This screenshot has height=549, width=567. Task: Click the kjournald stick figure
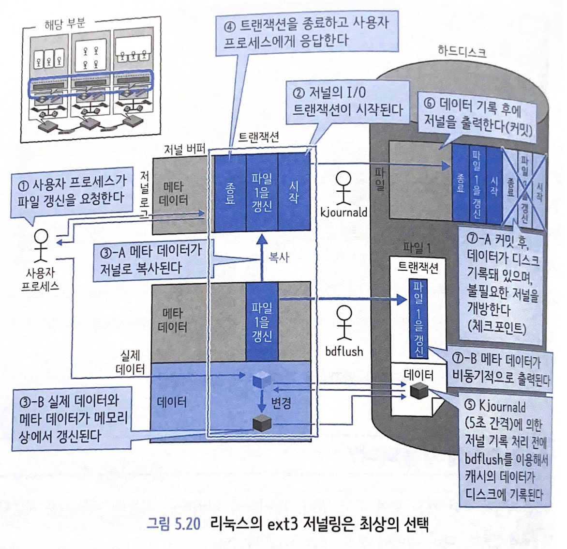tap(343, 188)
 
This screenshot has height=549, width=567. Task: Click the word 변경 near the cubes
tap(281, 403)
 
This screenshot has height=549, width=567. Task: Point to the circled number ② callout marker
tap(298, 92)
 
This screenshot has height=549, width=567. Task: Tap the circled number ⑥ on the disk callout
tap(429, 103)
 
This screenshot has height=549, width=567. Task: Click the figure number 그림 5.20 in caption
tap(173, 524)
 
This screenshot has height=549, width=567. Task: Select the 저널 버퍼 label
tap(184, 149)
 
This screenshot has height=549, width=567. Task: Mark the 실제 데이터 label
tap(130, 362)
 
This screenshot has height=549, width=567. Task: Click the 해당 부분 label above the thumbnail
tap(64, 23)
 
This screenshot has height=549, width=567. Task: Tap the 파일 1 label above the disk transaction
tap(416, 248)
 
